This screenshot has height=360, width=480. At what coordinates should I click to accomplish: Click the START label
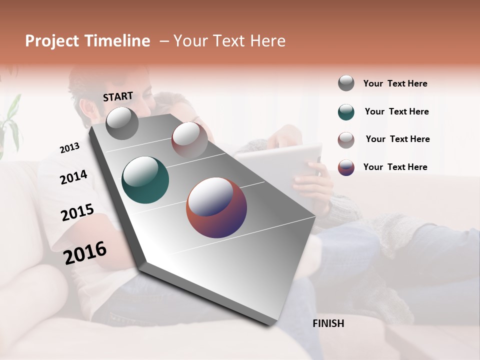coord(118,96)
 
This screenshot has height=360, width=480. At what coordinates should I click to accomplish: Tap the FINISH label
coord(328,323)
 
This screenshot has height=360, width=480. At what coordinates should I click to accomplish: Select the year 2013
coord(69,148)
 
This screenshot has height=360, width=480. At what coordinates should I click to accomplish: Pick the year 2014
coord(73,177)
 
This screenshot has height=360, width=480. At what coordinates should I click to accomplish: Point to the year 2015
coord(77,212)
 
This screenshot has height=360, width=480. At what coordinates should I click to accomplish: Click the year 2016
coord(85,253)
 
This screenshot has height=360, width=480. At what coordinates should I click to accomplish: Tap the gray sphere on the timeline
coord(122,123)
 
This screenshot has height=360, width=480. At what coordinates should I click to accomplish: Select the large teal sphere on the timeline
coord(145,180)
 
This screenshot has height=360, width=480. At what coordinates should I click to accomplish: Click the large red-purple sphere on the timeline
coord(216,207)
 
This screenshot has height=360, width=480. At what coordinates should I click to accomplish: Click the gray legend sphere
coord(346,83)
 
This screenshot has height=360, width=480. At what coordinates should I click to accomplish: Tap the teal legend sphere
coord(346,112)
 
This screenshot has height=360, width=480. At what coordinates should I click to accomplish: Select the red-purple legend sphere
coord(346,167)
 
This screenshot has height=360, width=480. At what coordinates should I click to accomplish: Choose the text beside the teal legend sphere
coord(396,111)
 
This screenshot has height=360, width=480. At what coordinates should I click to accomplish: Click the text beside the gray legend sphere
coord(395,83)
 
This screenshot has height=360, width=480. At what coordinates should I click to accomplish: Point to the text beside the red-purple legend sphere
coord(395,167)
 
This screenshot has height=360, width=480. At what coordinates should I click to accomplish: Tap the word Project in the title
coord(52,41)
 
